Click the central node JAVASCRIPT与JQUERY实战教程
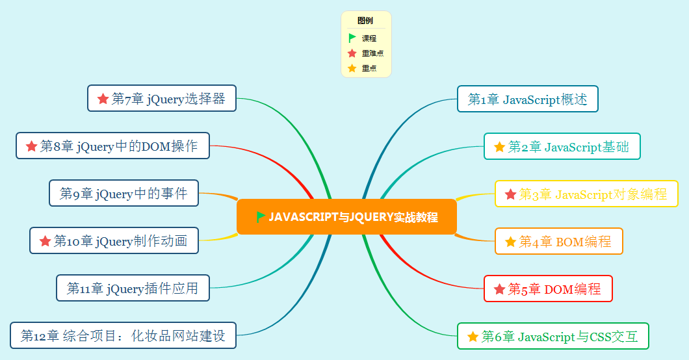(346, 217)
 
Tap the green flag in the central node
(261, 216)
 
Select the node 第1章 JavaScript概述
(527, 99)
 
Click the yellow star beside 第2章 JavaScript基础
(499, 147)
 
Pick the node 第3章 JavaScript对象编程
(586, 194)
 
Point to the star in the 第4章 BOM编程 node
(510, 242)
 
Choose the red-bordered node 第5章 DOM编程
(548, 289)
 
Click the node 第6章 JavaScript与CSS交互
(552, 337)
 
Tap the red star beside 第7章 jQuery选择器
(103, 99)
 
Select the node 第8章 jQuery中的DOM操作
(112, 146)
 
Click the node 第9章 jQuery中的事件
(123, 193)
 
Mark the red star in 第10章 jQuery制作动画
(45, 241)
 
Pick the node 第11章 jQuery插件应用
(133, 288)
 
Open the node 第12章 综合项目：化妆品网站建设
(123, 335)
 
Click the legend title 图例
(365, 21)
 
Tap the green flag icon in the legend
(352, 38)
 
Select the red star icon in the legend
(352, 53)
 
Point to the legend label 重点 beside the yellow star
(369, 68)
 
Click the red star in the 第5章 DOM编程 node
(499, 289)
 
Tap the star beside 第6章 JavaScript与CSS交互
(473, 337)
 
